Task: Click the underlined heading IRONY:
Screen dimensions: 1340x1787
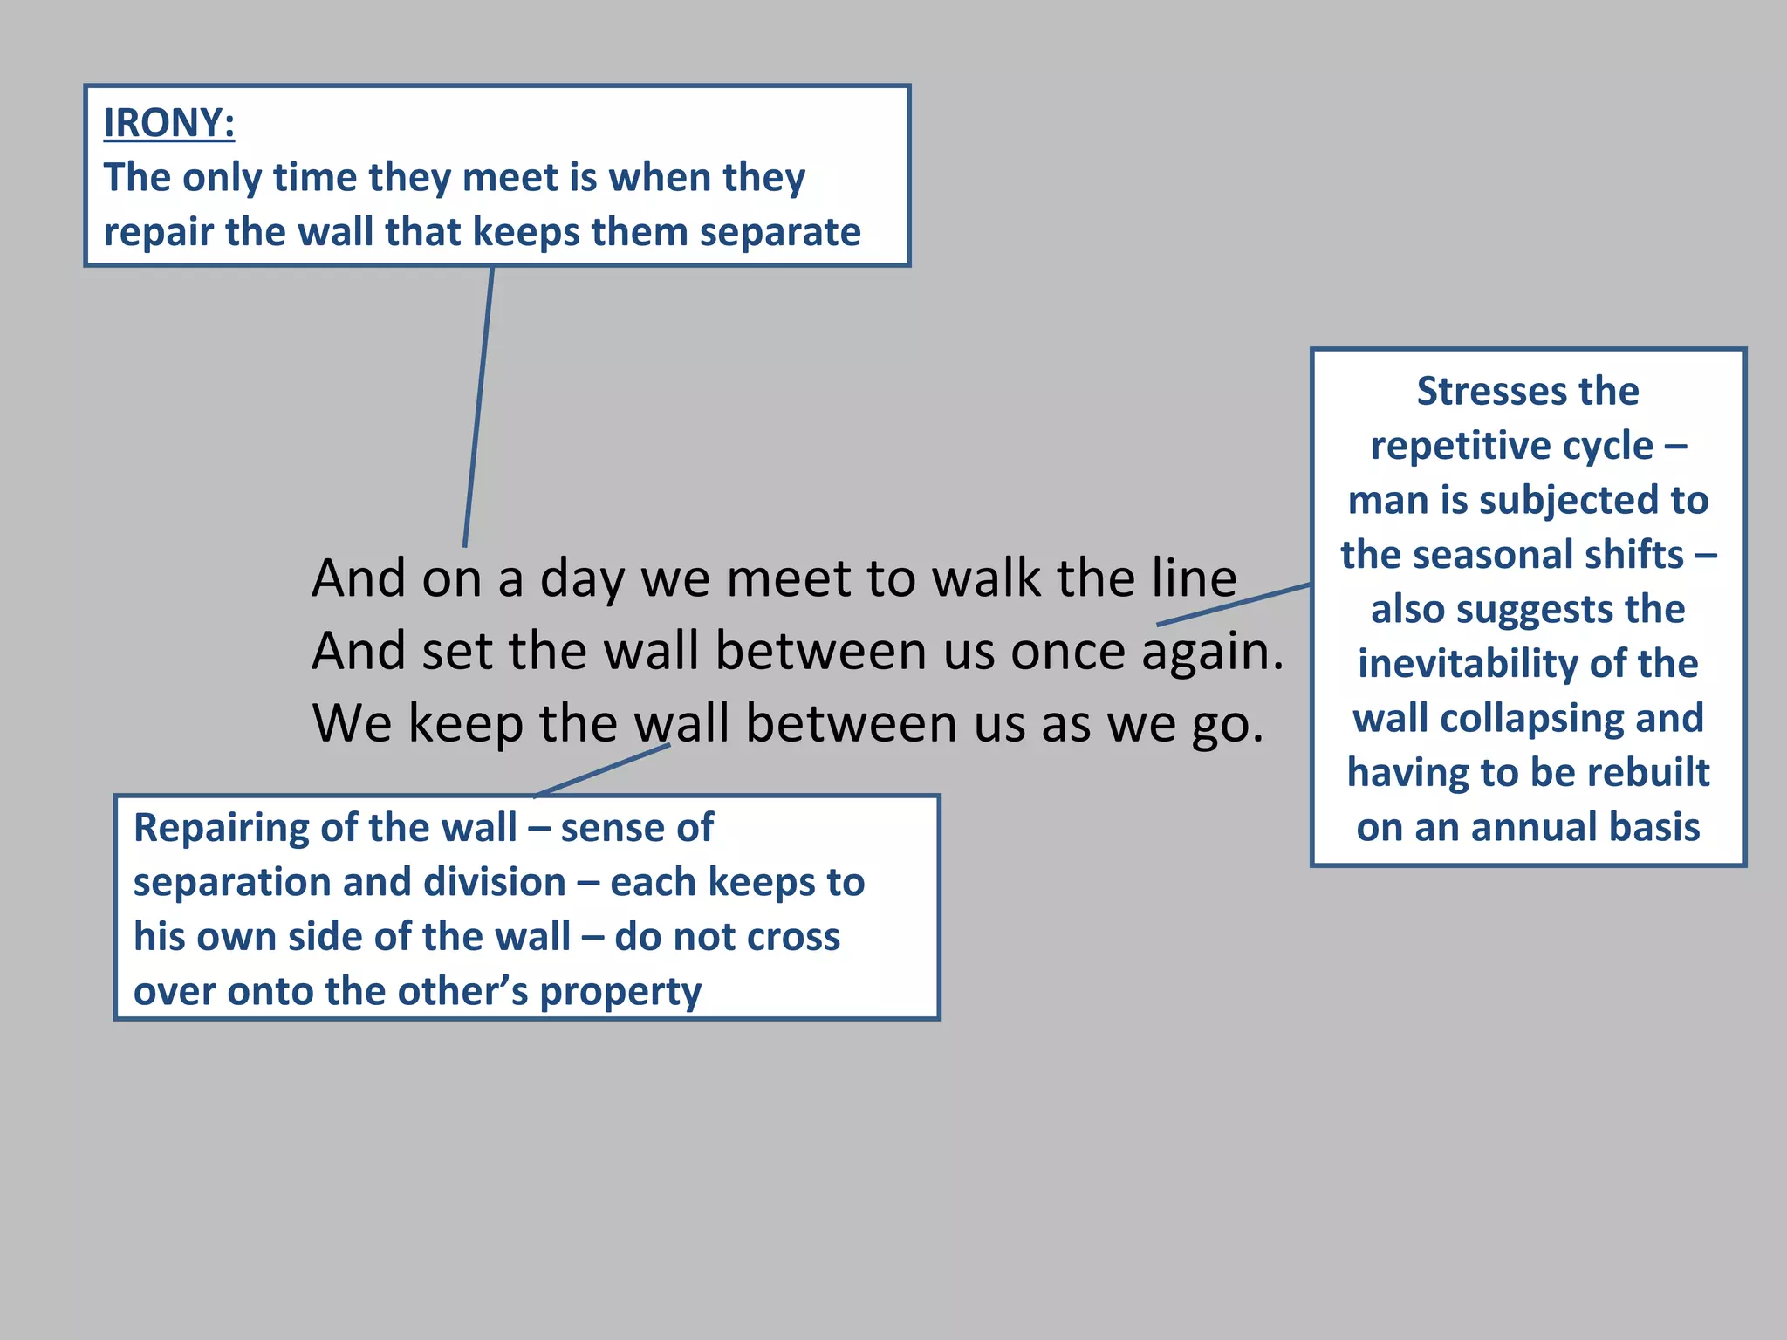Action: pos(169,123)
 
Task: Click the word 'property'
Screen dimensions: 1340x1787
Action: pos(620,992)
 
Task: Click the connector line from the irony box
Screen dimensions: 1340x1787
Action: pos(479,407)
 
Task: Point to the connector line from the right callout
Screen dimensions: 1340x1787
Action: pos(1234,605)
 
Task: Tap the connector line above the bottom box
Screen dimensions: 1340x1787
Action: pos(602,769)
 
